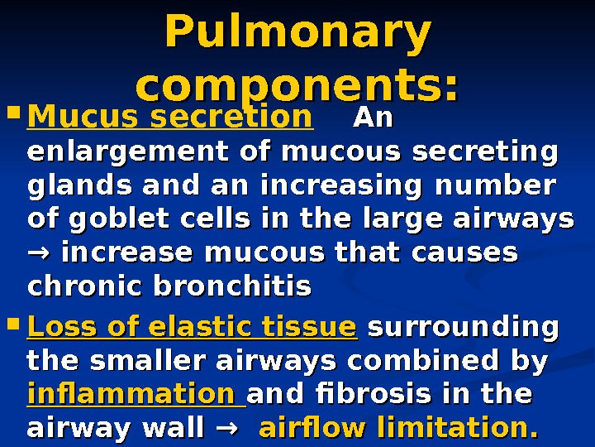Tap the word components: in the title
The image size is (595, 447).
pos(297,86)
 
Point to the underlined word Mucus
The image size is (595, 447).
pos(70,118)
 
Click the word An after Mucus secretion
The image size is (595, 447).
pos(373,118)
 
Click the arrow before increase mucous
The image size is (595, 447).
pos(39,252)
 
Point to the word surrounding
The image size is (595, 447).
pos(462,327)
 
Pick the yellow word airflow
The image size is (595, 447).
pos(312,429)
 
